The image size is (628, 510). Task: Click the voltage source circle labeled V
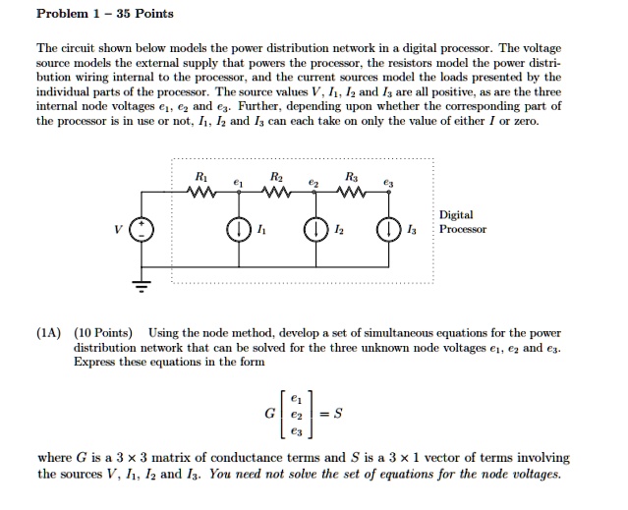(x=142, y=232)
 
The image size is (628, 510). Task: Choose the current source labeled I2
(x=315, y=232)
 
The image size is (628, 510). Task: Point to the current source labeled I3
(x=390, y=232)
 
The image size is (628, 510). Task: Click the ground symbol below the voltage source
(x=142, y=287)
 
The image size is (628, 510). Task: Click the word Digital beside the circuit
(x=456, y=214)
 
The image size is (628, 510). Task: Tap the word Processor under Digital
(x=463, y=229)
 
